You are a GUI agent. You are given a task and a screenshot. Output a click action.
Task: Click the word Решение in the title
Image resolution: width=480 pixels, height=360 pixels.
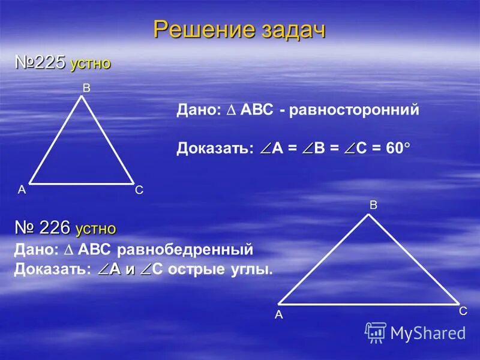197,29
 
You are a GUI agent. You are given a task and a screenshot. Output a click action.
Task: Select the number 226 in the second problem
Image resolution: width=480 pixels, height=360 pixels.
56,227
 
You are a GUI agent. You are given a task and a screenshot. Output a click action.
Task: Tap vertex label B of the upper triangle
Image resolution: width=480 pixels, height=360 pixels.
86,88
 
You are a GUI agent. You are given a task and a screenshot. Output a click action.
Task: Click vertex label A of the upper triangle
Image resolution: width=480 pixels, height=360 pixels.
22,190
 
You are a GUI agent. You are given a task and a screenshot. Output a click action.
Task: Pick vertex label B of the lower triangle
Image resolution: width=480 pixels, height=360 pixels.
373,205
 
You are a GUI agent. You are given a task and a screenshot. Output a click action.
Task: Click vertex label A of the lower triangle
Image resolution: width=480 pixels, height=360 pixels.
278,314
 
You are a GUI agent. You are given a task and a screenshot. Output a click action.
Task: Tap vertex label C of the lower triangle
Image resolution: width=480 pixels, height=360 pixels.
463,311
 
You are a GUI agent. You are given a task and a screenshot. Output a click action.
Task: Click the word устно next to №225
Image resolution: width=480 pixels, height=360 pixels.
90,64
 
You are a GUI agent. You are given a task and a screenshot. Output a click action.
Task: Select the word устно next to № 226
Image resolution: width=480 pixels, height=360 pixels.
95,229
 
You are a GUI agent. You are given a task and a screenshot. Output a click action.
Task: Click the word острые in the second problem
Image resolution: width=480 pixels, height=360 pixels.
195,269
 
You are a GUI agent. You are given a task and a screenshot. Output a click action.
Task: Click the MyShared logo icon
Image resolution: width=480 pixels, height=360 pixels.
376,332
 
